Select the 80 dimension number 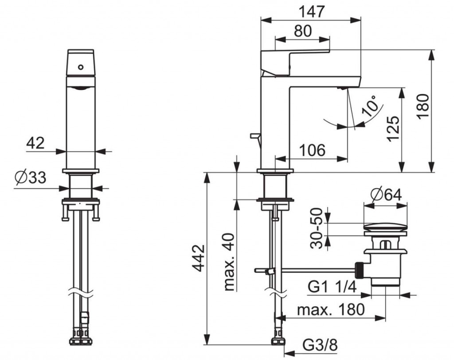click(x=302, y=31)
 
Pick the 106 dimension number click(x=312, y=151)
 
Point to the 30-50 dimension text click(x=316, y=227)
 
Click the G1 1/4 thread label click(x=333, y=288)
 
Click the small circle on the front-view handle click(x=81, y=67)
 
